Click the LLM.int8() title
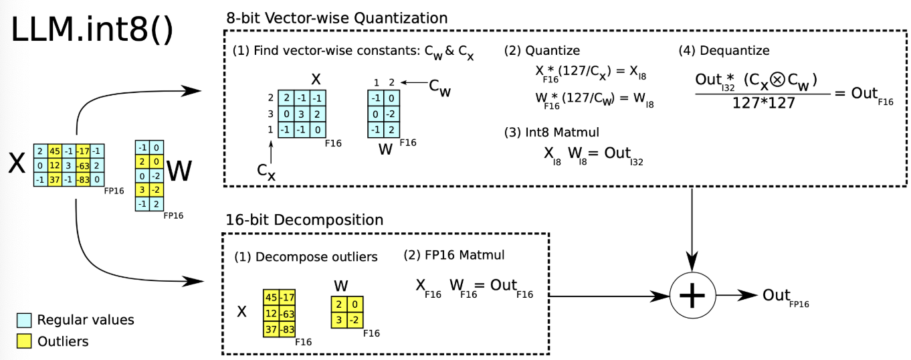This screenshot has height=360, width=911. point(92,31)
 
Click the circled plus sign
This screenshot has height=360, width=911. point(692,295)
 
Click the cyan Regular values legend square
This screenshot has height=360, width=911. point(23,320)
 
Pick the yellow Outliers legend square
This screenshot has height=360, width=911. point(23,341)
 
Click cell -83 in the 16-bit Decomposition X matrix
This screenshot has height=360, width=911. point(287,330)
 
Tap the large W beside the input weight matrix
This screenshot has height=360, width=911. point(179,172)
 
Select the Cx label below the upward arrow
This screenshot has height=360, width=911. point(267,171)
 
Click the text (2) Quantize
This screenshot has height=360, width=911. point(542,50)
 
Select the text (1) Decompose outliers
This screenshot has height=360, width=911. point(306,257)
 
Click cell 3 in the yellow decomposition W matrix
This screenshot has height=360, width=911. point(340,320)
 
